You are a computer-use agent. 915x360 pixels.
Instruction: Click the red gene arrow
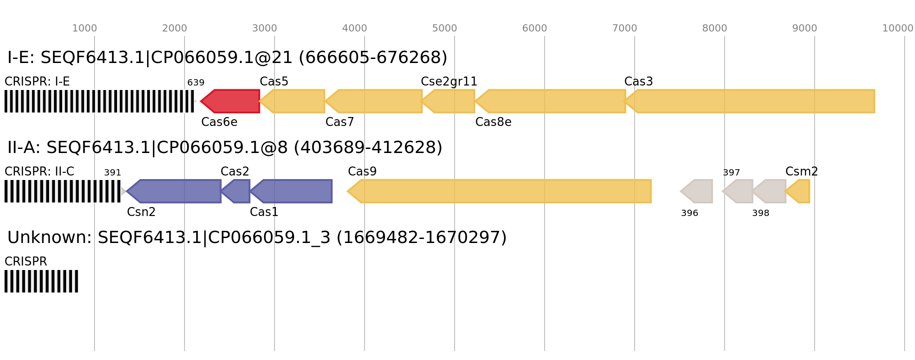230,101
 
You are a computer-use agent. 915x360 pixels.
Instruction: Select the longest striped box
99,101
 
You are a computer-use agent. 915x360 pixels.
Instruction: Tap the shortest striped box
41,281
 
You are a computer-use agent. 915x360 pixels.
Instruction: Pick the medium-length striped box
63,191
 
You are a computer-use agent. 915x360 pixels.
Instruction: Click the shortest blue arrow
237,191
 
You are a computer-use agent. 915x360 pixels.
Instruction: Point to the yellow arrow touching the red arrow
293,101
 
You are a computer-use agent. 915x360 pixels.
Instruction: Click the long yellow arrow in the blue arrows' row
500,191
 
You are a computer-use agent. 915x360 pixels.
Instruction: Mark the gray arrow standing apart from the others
697,191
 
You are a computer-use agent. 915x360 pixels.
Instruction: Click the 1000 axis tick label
85,28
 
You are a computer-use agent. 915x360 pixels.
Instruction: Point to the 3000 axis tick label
265,28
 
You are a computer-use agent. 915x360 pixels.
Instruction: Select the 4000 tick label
355,28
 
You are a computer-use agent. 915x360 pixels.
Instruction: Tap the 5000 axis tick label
445,28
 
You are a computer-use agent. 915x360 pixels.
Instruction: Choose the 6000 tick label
535,28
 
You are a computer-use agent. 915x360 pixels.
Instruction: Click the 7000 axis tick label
625,28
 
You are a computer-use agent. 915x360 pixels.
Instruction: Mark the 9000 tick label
805,28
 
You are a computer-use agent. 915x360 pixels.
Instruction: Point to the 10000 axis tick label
897,28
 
